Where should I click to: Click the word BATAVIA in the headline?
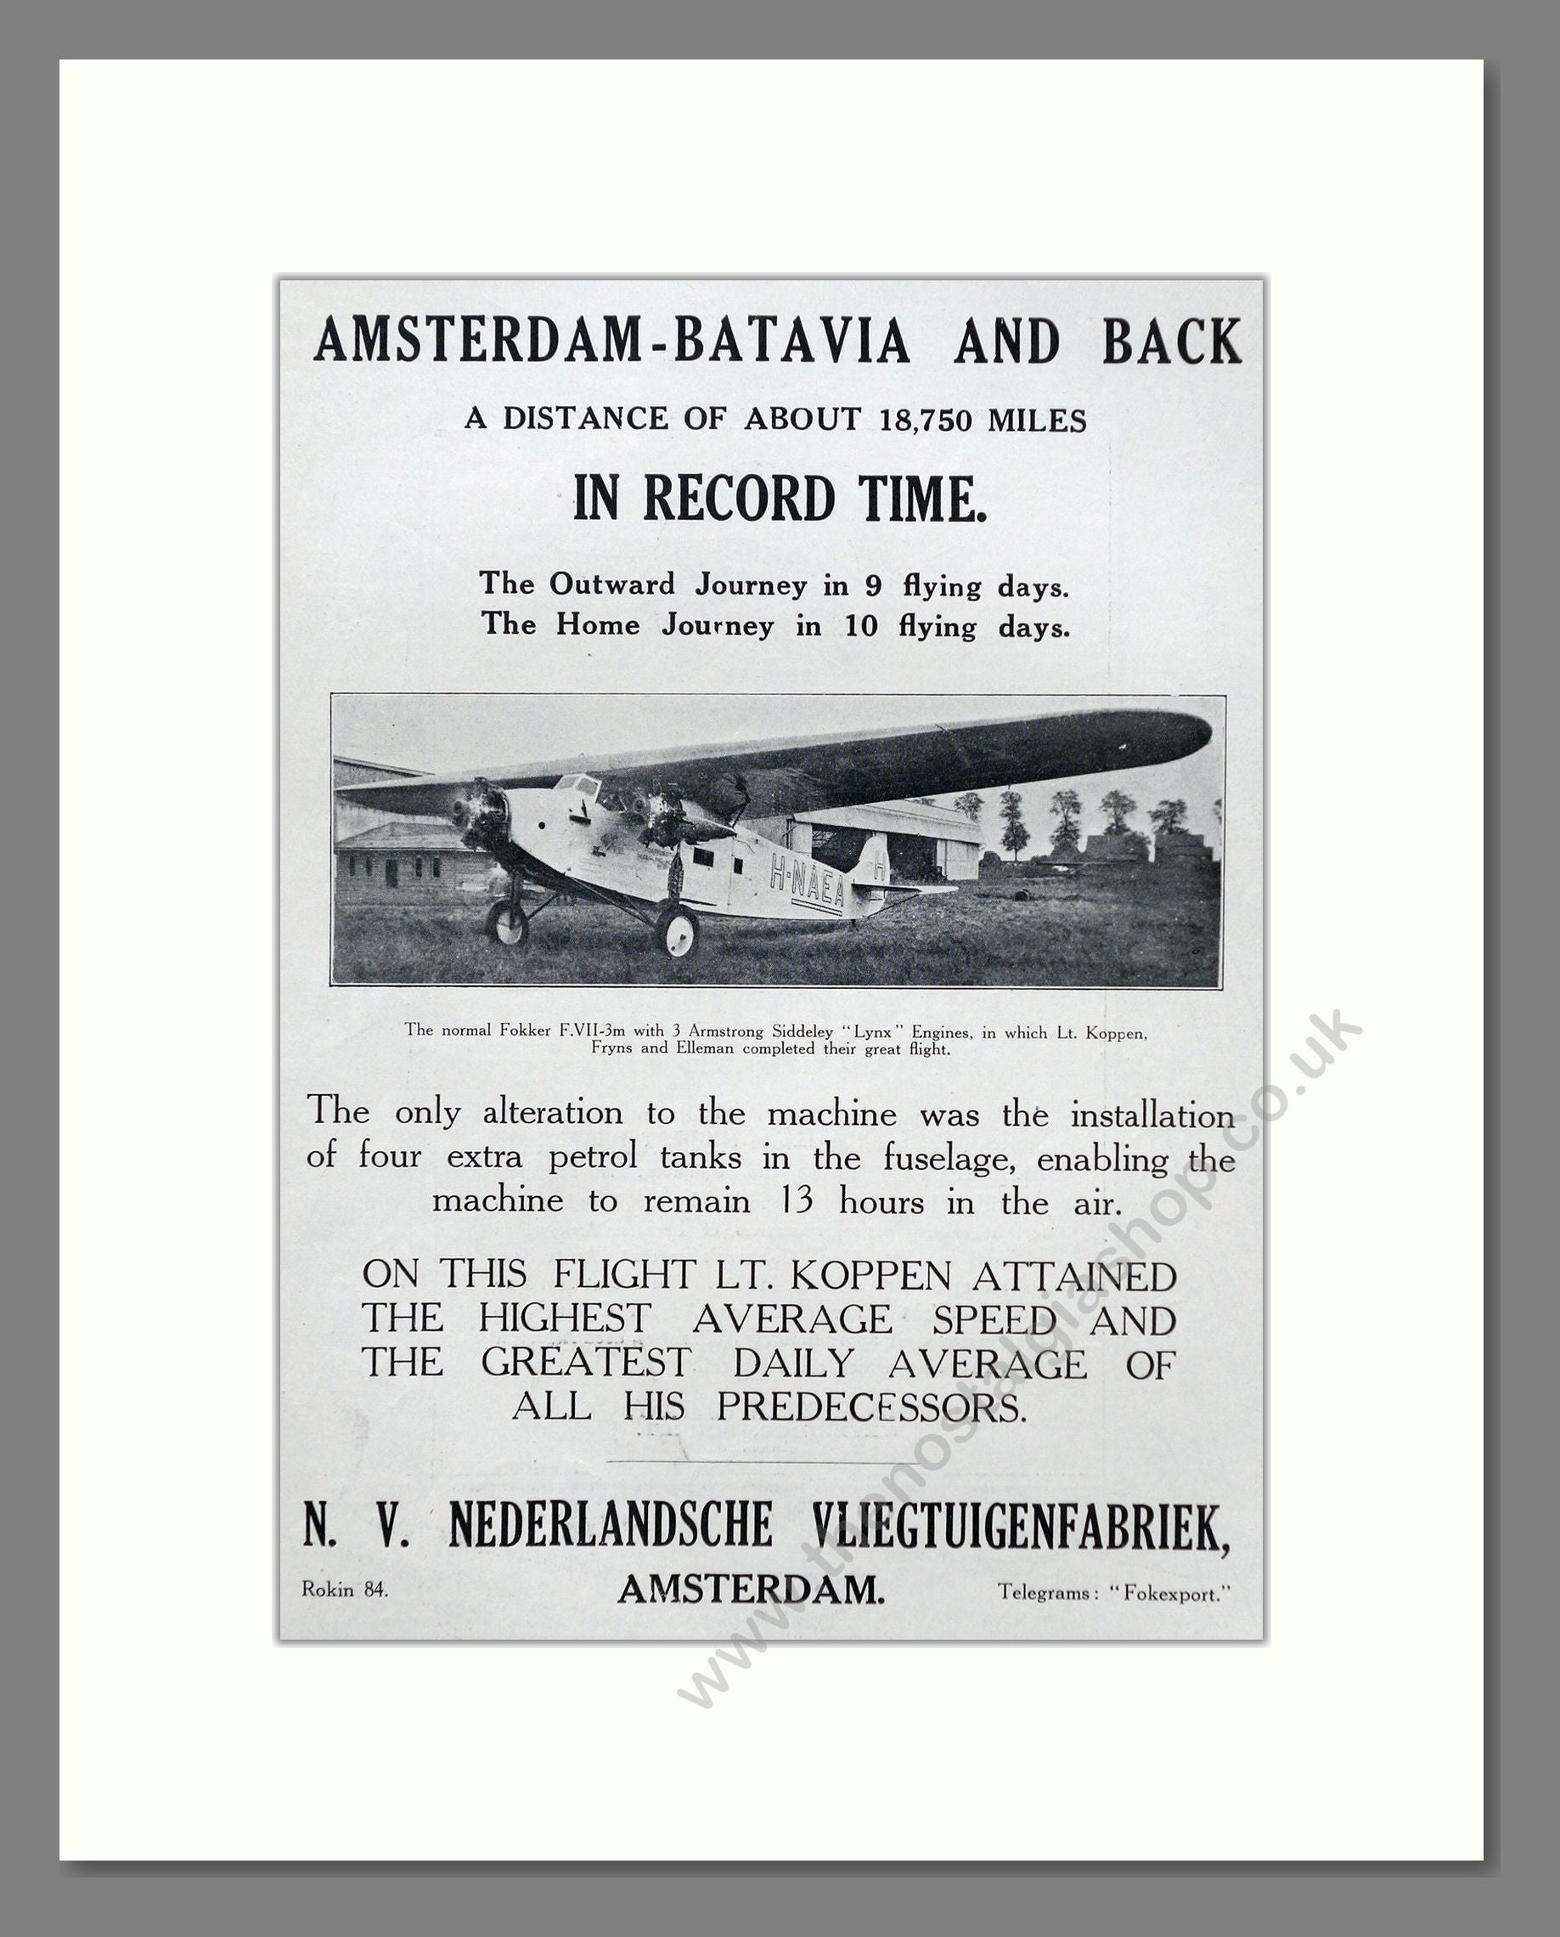tap(791, 342)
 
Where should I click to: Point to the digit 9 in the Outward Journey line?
tap(871, 586)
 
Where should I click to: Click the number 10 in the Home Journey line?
tap(860, 626)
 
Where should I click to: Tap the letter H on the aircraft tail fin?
tap(879, 868)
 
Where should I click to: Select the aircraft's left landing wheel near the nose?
tap(507, 923)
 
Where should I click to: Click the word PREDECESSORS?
tap(870, 1407)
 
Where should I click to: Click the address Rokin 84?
tap(345, 1590)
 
